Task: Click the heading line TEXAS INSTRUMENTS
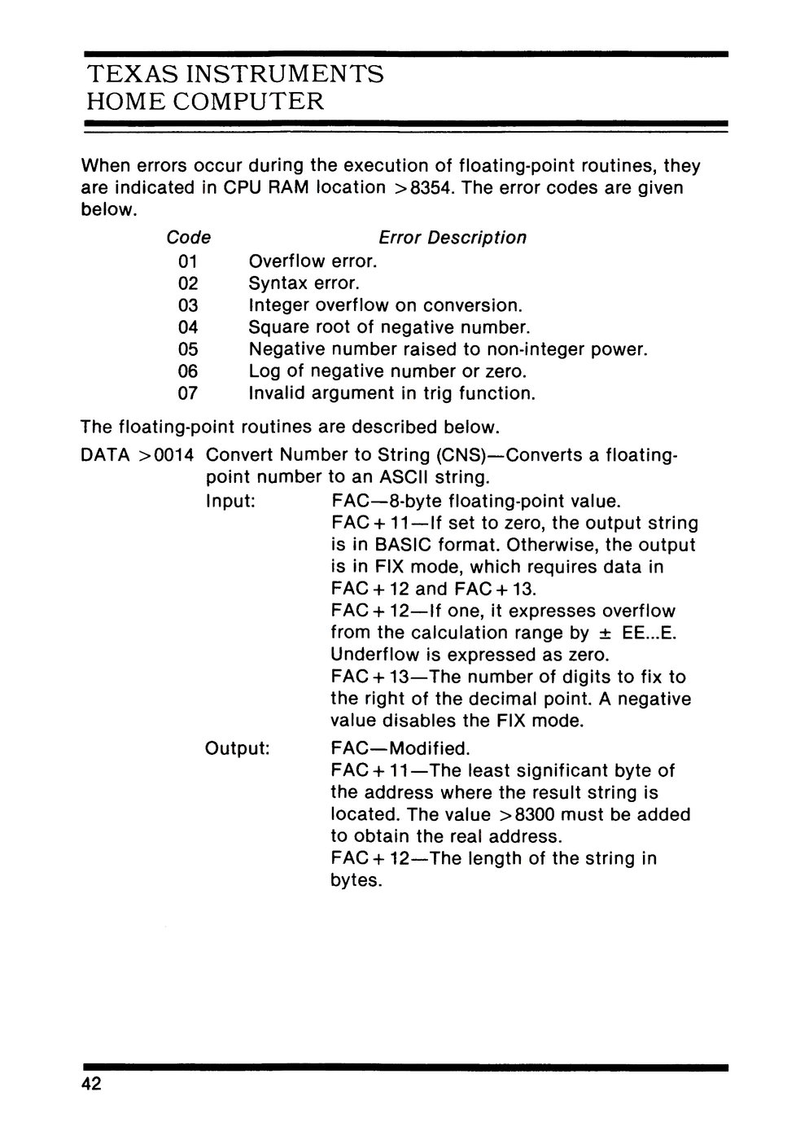234,75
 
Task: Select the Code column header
188,238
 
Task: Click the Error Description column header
453,238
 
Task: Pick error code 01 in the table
188,262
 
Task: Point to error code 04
188,328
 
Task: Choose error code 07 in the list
188,394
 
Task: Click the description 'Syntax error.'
304,284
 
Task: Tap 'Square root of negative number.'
389,328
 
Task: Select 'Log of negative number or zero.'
387,372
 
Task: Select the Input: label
232,501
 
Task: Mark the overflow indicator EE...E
648,633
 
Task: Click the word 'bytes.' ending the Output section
356,880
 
